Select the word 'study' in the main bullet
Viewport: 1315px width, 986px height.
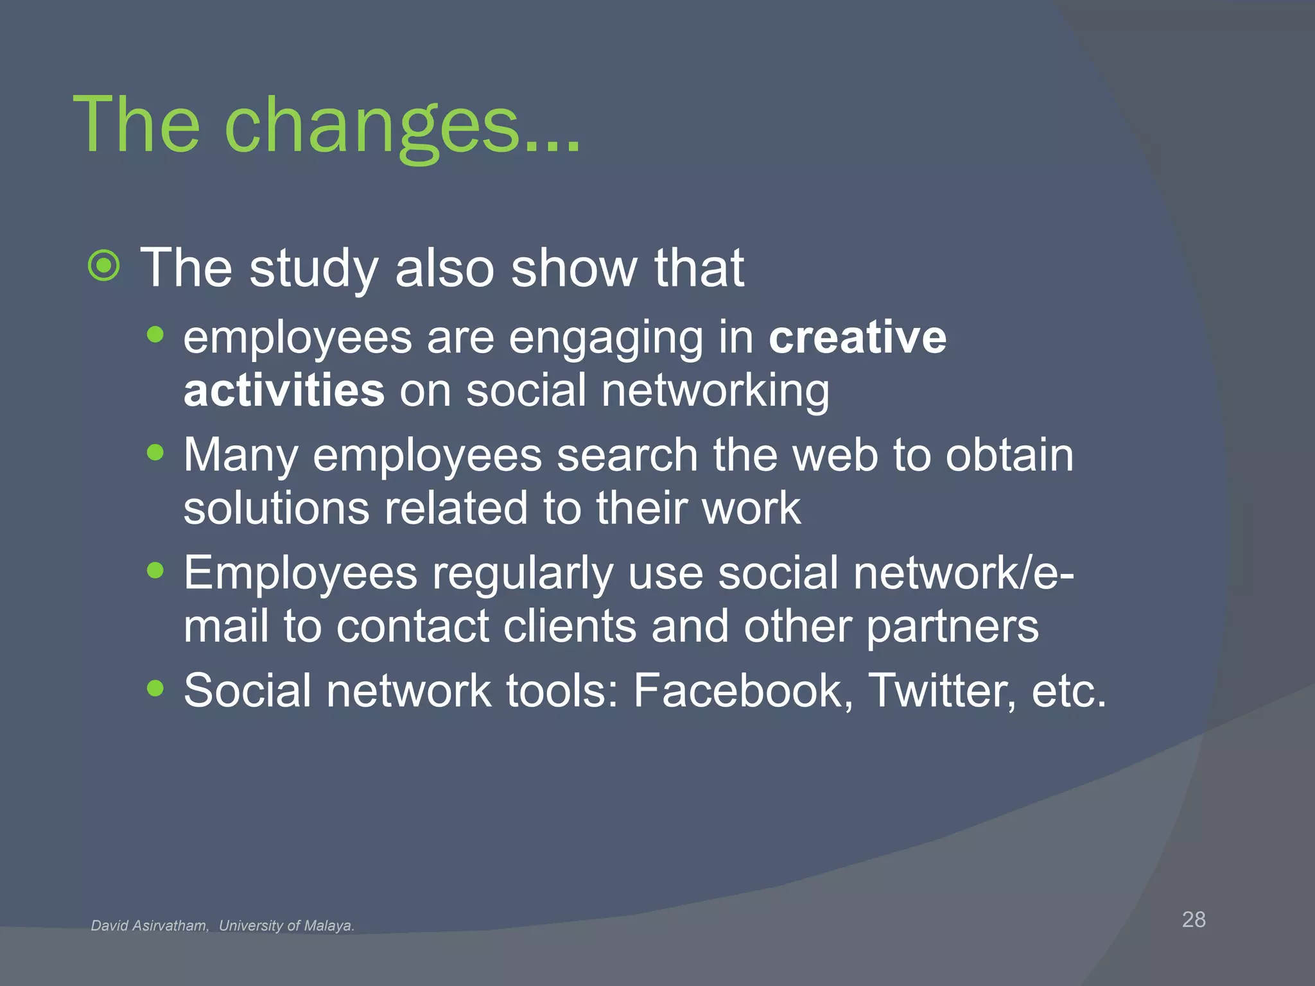(313, 268)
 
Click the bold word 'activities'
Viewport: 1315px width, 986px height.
(284, 390)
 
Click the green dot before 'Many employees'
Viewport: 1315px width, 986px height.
(155, 453)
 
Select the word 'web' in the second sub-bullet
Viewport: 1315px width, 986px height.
(835, 455)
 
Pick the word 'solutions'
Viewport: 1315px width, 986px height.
(276, 508)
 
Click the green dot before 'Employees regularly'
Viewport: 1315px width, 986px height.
(155, 570)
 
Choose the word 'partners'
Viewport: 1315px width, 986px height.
(952, 627)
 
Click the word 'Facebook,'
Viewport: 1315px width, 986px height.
(744, 691)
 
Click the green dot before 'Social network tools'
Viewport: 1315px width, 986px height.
(155, 688)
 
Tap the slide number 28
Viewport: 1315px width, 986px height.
(1194, 919)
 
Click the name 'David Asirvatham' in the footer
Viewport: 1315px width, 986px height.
(150, 926)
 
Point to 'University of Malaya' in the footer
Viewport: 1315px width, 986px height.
(286, 926)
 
